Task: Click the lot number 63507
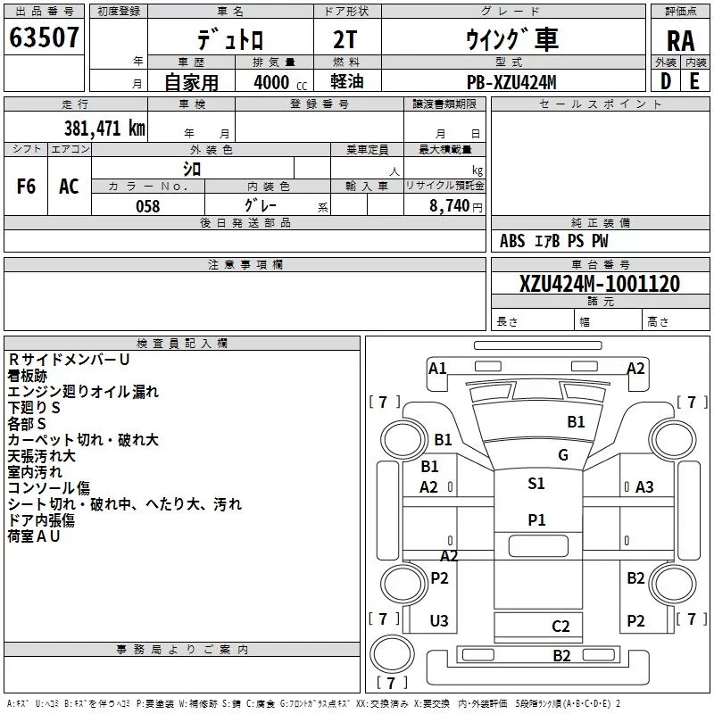[44, 37]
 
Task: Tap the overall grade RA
[680, 41]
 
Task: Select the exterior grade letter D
[666, 81]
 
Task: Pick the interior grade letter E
[694, 81]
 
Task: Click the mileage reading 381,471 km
[104, 129]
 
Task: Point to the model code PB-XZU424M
[511, 82]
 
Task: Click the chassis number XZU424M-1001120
[600, 284]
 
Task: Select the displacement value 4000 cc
[280, 82]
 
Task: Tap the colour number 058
[148, 206]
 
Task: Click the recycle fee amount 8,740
[450, 206]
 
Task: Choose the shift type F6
[26, 187]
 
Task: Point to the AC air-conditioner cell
[69, 187]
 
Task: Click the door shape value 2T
[345, 39]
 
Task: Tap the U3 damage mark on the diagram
[439, 620]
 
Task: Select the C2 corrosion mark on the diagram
[560, 627]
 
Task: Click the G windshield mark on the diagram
[563, 455]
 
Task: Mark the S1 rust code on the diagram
[536, 483]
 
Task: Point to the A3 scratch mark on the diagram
[644, 487]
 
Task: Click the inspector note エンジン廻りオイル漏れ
[83, 392]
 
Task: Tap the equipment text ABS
[512, 241]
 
